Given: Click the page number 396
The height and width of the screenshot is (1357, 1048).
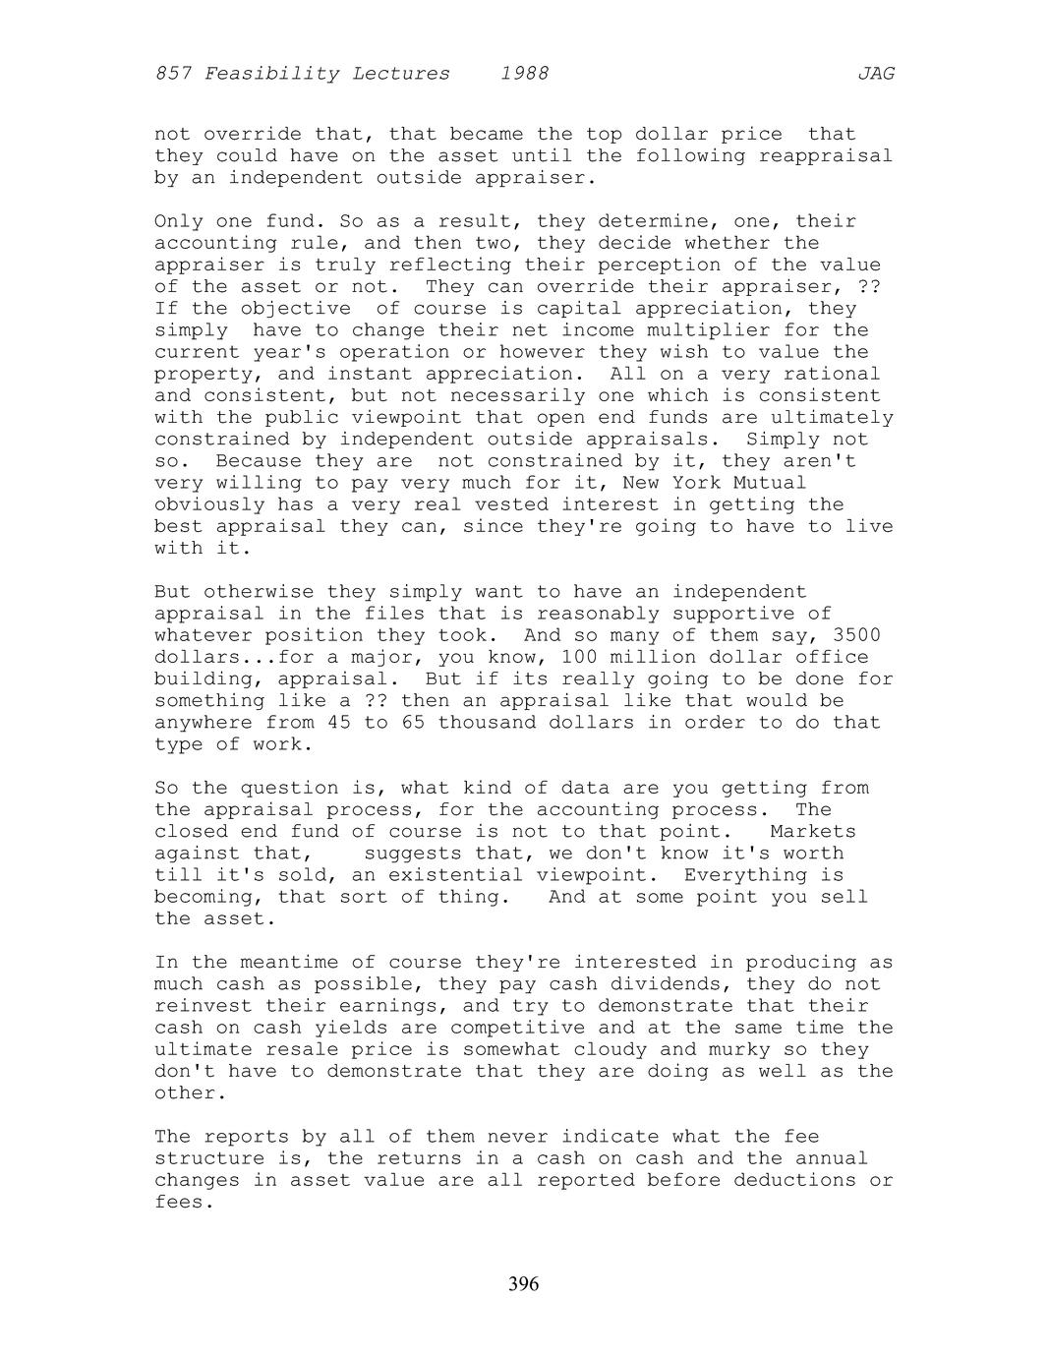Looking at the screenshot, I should coord(523,1284).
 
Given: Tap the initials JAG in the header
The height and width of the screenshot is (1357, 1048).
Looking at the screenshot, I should coord(875,74).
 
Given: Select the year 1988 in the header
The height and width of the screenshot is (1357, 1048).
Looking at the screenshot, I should coord(524,74).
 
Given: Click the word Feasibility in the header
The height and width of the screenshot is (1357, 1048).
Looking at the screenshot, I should coord(271,74).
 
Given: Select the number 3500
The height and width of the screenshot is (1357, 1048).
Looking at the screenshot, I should coord(856,635).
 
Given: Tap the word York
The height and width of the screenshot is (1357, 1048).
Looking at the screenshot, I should coord(696,483).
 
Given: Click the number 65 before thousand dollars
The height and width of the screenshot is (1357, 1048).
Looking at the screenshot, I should coord(400,723).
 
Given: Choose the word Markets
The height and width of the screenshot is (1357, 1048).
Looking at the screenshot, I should coord(813,832).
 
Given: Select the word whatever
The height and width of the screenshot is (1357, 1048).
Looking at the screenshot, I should coord(204,635).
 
